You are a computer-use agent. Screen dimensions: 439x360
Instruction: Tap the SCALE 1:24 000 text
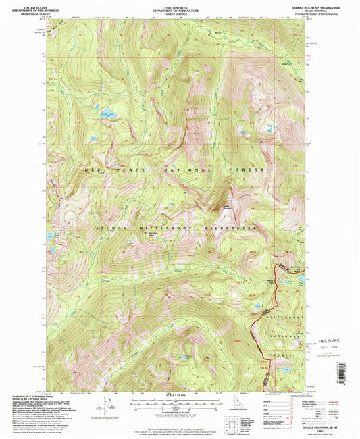tap(179, 394)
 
